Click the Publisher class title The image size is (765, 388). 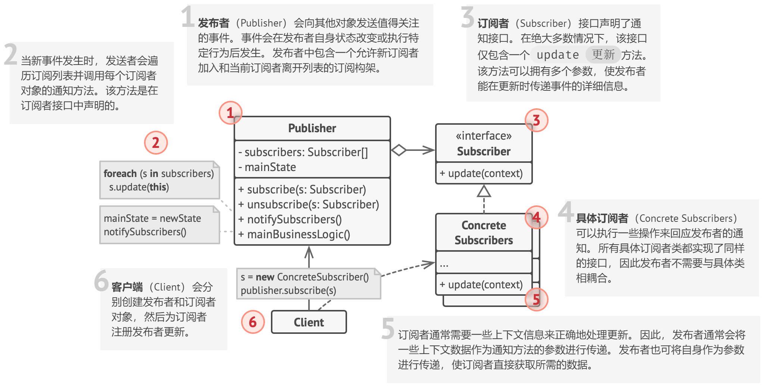pyautogui.click(x=312, y=128)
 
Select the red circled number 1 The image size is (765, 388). pyautogui.click(x=230, y=112)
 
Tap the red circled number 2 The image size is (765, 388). pyautogui.click(x=156, y=142)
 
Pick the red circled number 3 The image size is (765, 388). pyautogui.click(x=536, y=120)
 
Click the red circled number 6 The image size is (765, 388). pyautogui.click(x=253, y=322)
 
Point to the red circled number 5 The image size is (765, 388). pyautogui.click(x=536, y=299)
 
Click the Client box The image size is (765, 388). pyautogui.click(x=309, y=322)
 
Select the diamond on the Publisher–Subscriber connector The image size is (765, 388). pyautogui.click(x=399, y=150)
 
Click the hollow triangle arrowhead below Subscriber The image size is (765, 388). pyautogui.click(x=484, y=191)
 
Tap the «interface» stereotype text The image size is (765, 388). pyautogui.click(x=484, y=136)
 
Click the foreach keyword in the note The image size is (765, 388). pyautogui.click(x=120, y=174)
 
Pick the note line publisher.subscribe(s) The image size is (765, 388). pyautogui.click(x=288, y=291)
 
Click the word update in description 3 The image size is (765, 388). pyautogui.click(x=558, y=55)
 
